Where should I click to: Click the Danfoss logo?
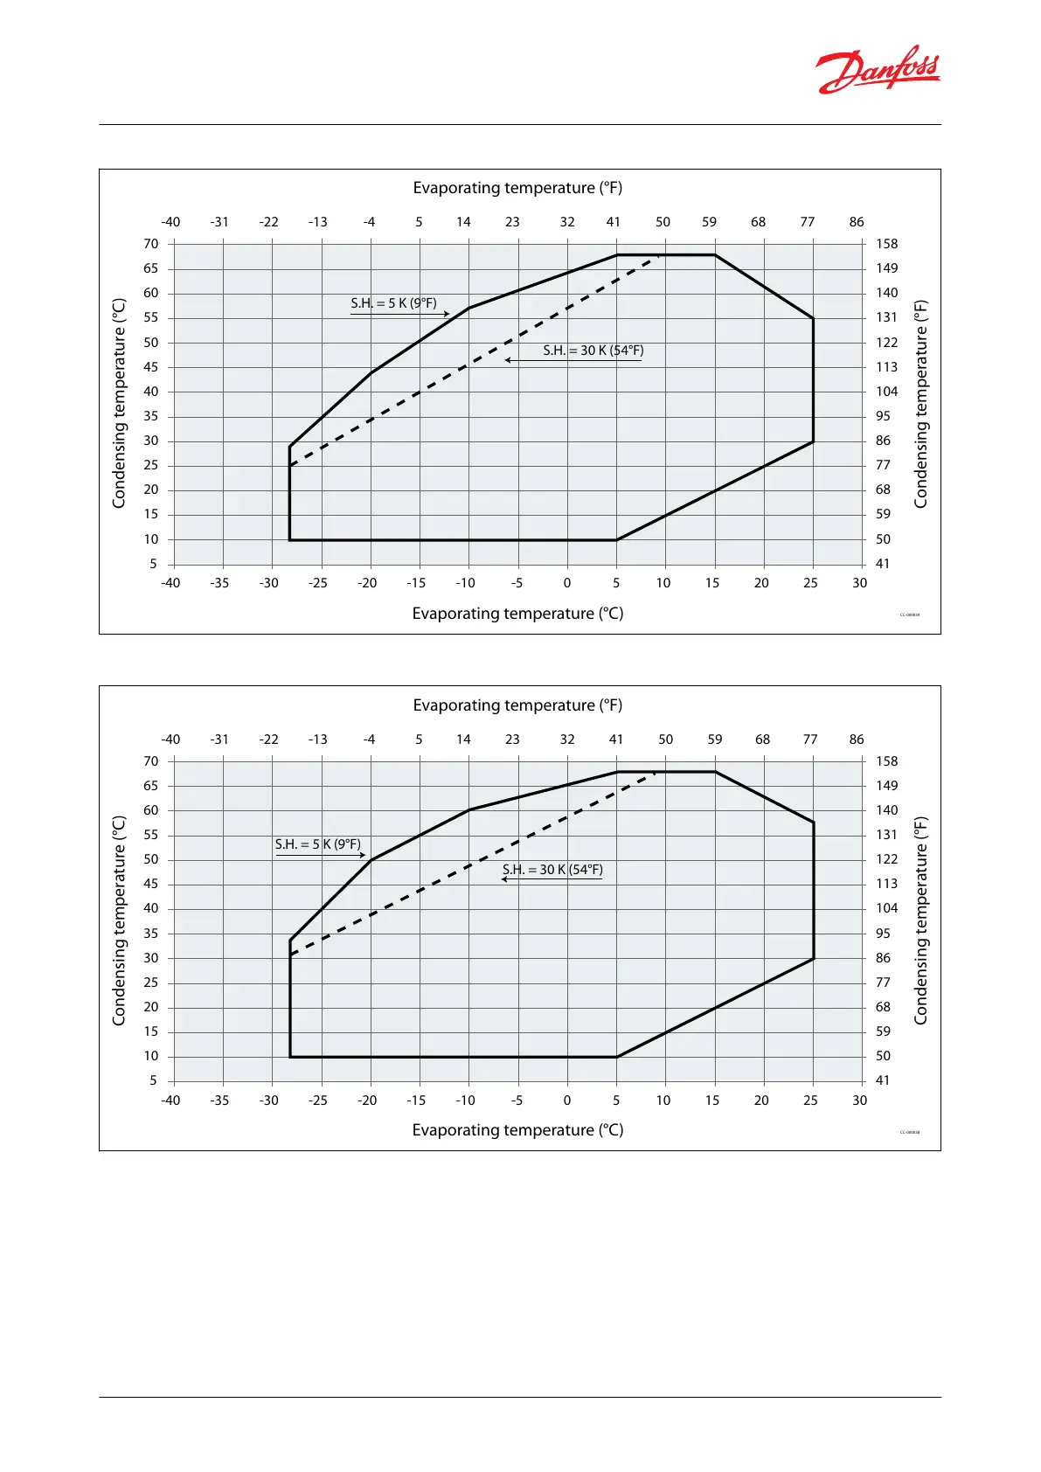pos(878,69)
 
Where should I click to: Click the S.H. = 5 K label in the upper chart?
pos(393,303)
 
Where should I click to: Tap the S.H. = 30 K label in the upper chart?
pos(593,351)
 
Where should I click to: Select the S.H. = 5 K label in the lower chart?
pos(317,844)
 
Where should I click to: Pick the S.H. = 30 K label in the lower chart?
pos(552,870)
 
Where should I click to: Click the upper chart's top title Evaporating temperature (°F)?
pos(517,188)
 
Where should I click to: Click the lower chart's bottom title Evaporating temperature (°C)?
pos(517,1130)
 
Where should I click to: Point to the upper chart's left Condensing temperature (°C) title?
pos(120,403)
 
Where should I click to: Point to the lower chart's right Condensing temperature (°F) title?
pos(920,920)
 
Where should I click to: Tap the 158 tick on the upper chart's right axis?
pos(886,244)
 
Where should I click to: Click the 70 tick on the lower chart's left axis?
pos(151,761)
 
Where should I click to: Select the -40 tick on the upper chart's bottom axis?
pos(170,583)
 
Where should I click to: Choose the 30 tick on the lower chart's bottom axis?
pos(859,1101)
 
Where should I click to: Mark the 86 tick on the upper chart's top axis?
pos(857,222)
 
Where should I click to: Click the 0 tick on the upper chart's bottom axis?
pos(567,583)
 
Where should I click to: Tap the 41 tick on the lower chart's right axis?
pos(883,1080)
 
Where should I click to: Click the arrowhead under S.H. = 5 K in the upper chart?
pos(446,314)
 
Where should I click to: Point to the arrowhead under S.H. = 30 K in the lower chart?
pos(504,879)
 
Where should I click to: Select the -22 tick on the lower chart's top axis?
pos(268,739)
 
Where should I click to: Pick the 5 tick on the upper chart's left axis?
pos(153,564)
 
